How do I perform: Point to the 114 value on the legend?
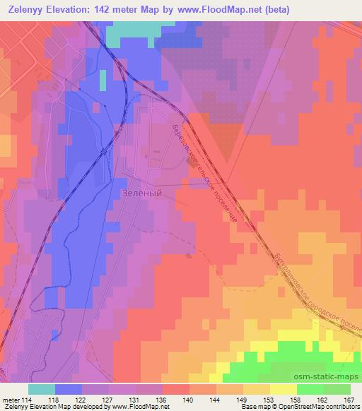pyautogui.click(x=32, y=399)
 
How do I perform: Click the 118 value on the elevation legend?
pyautogui.click(x=54, y=399)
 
